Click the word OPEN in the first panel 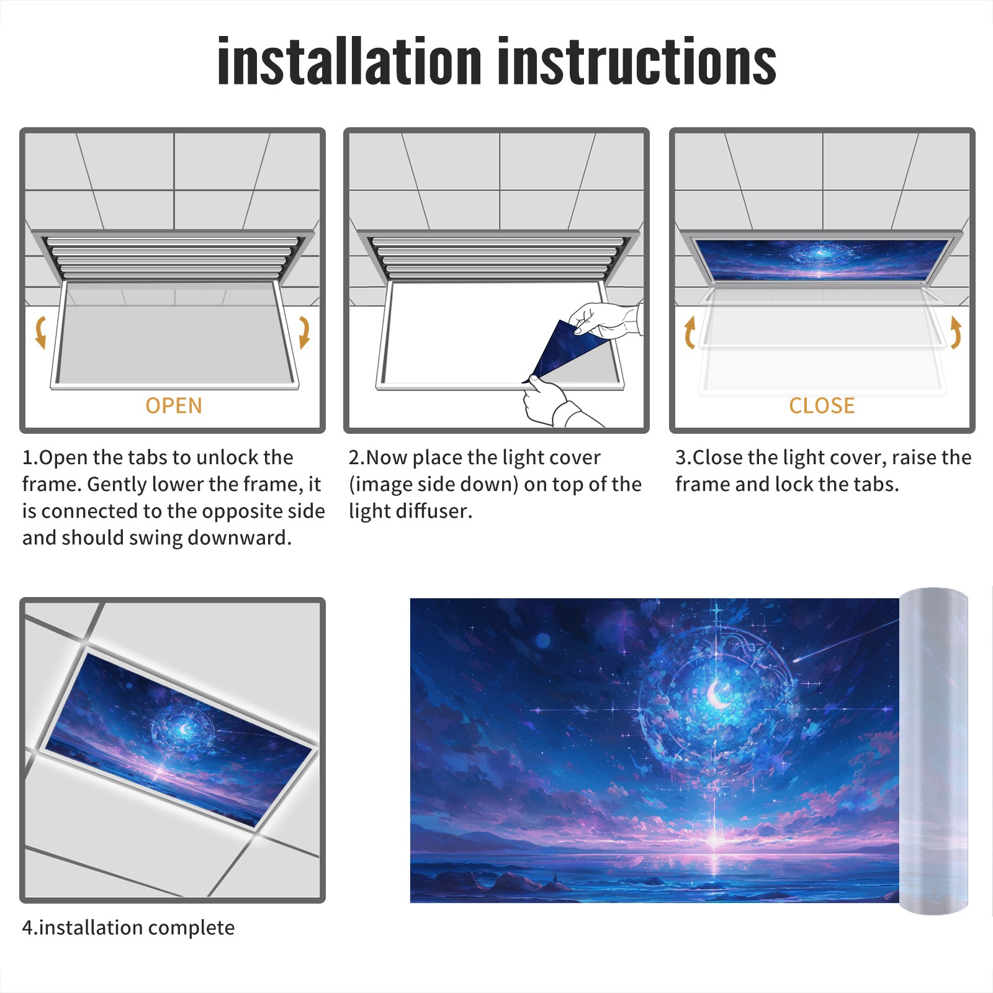tap(174, 406)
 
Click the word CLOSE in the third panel tap(822, 406)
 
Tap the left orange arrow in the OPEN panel tap(41, 332)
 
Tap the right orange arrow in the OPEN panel tap(304, 332)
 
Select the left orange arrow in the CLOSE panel tap(690, 332)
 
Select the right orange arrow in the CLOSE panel tap(956, 332)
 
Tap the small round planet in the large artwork tap(543, 640)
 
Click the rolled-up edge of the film tap(934, 751)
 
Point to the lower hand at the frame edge tap(555, 403)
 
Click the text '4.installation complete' tap(128, 928)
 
